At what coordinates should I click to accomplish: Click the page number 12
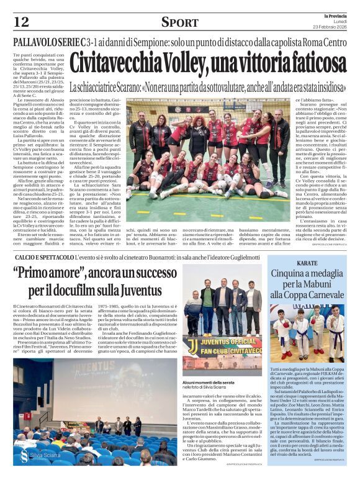coord(21,22)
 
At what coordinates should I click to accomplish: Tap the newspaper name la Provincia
coord(338,16)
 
